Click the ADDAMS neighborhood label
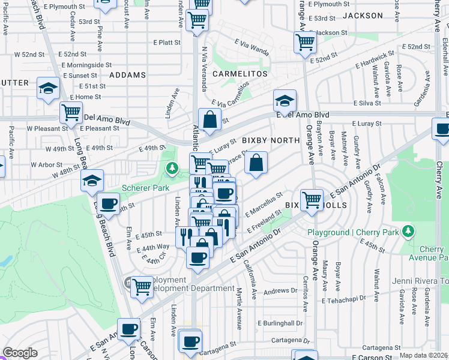pyautogui.click(x=127, y=75)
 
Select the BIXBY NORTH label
pyautogui.click(x=270, y=140)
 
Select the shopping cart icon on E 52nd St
pyautogui.click(x=305, y=43)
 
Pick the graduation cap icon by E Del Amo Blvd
pyautogui.click(x=285, y=99)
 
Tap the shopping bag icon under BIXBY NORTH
pyautogui.click(x=256, y=162)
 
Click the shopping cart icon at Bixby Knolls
pyautogui.click(x=312, y=199)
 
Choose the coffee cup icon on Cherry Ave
pyautogui.click(x=442, y=129)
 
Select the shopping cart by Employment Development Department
pyautogui.click(x=142, y=287)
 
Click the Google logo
pyautogui.click(x=20, y=353)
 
